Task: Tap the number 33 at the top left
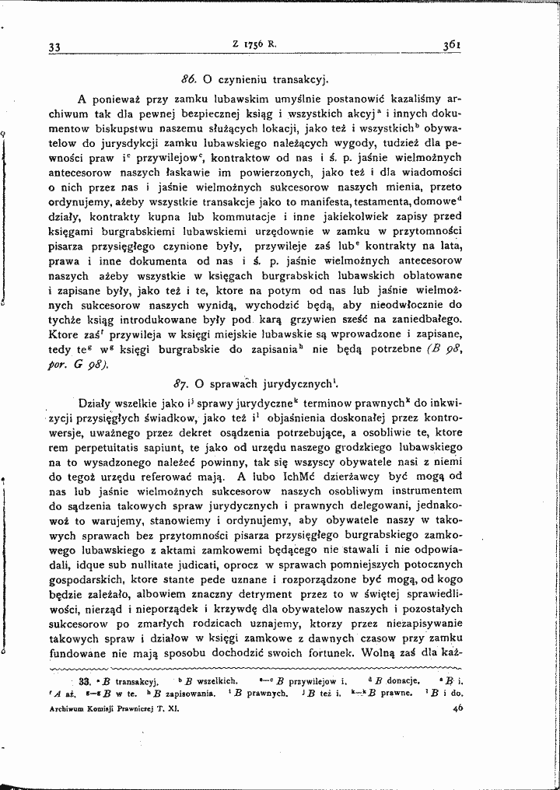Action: [x=54, y=47]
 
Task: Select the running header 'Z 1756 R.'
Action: [x=254, y=44]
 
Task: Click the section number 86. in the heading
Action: [x=189, y=79]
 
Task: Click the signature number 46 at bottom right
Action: [x=457, y=708]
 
